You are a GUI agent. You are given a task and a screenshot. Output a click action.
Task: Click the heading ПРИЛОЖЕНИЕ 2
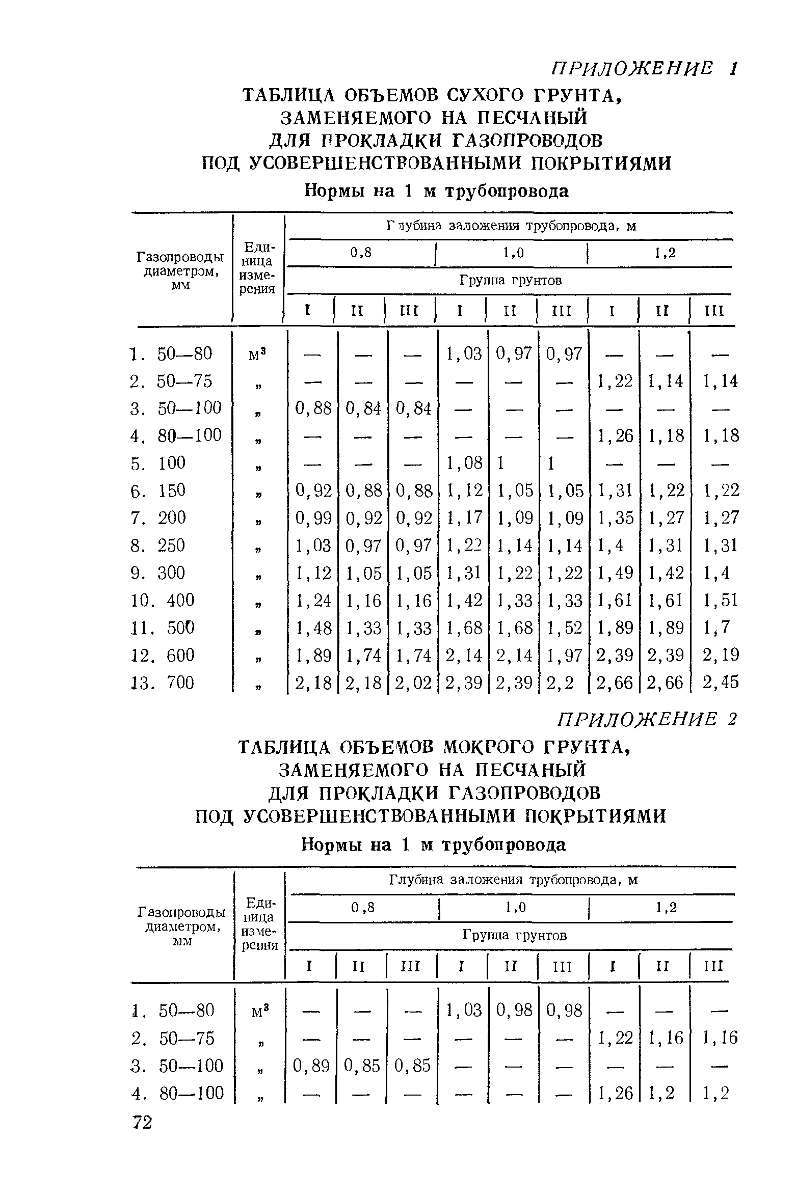click(x=647, y=720)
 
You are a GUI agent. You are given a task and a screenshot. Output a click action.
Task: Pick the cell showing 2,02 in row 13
click(x=413, y=683)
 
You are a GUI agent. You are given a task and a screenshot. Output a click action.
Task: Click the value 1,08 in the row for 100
click(x=464, y=463)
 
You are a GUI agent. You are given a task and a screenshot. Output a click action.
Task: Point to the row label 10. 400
click(x=163, y=600)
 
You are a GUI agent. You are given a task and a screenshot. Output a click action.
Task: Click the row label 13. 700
click(x=163, y=683)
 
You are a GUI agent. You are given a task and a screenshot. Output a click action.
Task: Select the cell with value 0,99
click(x=313, y=518)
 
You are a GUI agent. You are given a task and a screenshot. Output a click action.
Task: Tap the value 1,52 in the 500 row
click(x=564, y=628)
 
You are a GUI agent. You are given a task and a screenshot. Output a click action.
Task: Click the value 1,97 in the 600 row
click(x=564, y=655)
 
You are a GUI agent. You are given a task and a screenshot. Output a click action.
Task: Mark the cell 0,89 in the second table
click(x=311, y=1066)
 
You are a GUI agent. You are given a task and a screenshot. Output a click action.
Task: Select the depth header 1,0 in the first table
click(x=513, y=253)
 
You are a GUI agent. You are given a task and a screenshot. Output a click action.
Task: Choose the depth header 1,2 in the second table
click(x=666, y=908)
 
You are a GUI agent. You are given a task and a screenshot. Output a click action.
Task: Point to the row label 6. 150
click(x=158, y=490)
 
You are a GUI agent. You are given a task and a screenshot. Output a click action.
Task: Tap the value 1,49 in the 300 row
click(x=615, y=573)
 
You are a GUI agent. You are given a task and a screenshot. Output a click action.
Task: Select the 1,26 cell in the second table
click(x=615, y=1093)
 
